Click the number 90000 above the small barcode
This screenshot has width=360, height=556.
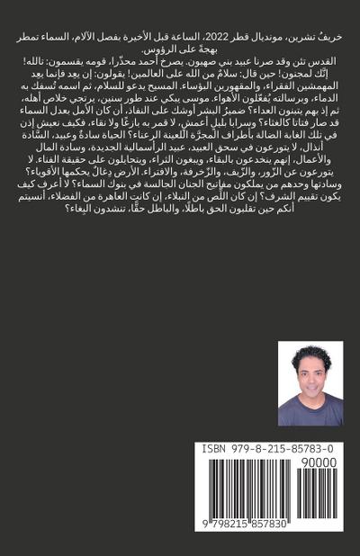click(319, 462)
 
